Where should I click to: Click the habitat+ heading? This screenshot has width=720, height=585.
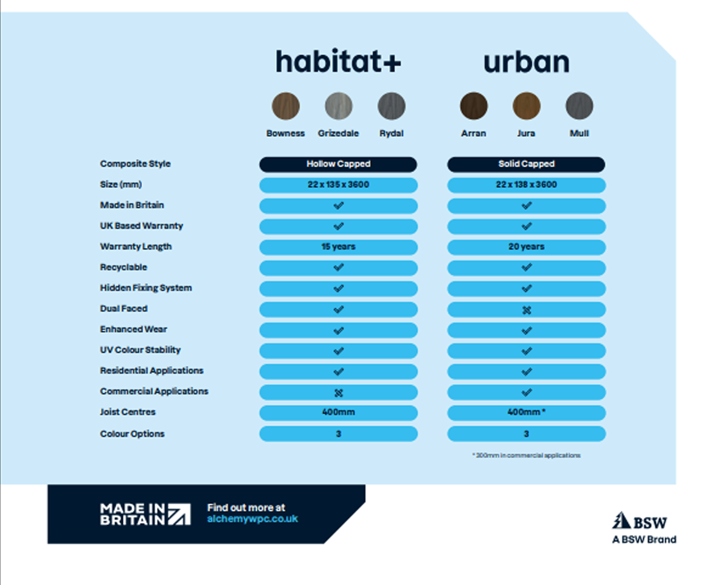coord(338,62)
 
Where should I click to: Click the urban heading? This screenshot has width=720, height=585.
coord(526,62)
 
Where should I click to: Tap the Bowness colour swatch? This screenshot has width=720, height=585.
coord(285,106)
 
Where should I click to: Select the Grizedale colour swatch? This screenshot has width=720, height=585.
coord(339,106)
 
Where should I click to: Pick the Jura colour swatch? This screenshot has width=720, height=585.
coord(526,106)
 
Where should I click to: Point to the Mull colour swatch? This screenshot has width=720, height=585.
coord(579,106)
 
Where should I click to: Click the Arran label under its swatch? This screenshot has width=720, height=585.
coord(473,133)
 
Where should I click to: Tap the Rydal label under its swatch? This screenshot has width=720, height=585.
coord(391,133)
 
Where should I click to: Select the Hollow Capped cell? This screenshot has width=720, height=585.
coord(338,164)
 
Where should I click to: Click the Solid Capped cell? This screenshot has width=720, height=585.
coord(526,164)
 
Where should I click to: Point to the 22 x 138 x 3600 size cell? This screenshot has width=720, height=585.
coord(526,185)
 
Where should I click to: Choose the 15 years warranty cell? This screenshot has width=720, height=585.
coord(338,247)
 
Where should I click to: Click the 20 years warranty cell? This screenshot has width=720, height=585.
coord(526,247)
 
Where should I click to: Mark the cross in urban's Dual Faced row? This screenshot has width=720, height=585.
coord(527,310)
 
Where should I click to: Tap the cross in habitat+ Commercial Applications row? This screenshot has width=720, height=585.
coord(339,393)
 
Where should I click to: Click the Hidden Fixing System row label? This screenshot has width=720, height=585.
coord(145,288)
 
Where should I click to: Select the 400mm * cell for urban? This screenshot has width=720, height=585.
coord(526,412)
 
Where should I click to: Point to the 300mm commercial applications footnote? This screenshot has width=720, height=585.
coord(526,455)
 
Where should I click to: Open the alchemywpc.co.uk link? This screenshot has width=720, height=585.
coord(252,519)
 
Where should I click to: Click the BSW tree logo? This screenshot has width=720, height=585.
coord(620,521)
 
